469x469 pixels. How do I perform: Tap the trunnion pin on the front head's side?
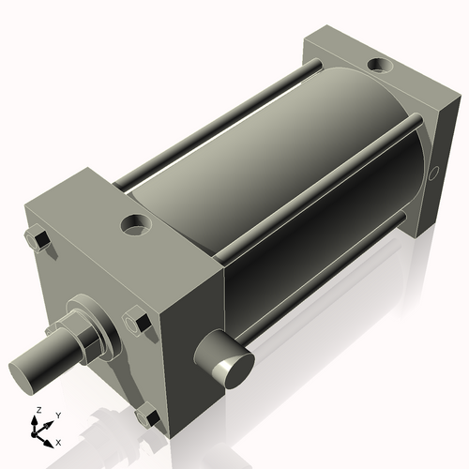(x=226, y=357)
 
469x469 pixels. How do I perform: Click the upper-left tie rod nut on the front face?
(x=39, y=241)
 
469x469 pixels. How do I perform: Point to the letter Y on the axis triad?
(x=57, y=415)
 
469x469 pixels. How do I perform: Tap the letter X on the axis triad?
(x=59, y=441)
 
